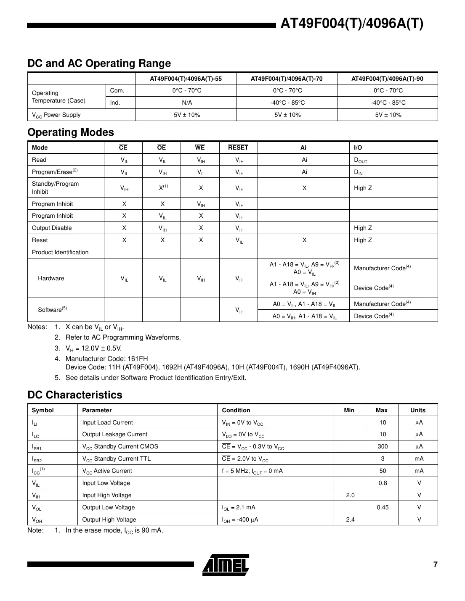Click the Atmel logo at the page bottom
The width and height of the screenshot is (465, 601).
click(226, 564)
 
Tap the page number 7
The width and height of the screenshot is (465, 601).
click(435, 564)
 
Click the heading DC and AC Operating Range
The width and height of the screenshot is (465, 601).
click(99, 63)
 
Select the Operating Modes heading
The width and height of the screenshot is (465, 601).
click(70, 132)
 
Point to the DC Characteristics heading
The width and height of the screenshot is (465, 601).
click(74, 395)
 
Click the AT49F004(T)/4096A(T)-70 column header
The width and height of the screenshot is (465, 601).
click(286, 79)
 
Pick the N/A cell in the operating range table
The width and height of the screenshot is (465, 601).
click(186, 103)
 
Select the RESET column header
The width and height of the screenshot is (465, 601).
click(238, 148)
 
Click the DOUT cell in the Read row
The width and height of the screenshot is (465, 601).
click(361, 160)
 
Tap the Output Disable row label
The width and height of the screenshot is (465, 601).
click(52, 228)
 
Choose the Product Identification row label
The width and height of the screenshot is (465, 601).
click(60, 252)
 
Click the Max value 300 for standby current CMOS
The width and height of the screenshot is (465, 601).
click(382, 446)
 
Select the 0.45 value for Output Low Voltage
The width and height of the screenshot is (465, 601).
click(382, 507)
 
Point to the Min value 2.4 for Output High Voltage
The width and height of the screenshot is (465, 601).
click(350, 519)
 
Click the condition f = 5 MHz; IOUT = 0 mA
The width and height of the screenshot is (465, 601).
click(252, 471)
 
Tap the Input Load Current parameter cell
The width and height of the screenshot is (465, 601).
click(107, 422)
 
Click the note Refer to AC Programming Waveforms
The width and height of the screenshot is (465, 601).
click(123, 337)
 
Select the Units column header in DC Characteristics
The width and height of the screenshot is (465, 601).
click(417, 410)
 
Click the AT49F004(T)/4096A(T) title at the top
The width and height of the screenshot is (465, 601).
click(352, 24)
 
